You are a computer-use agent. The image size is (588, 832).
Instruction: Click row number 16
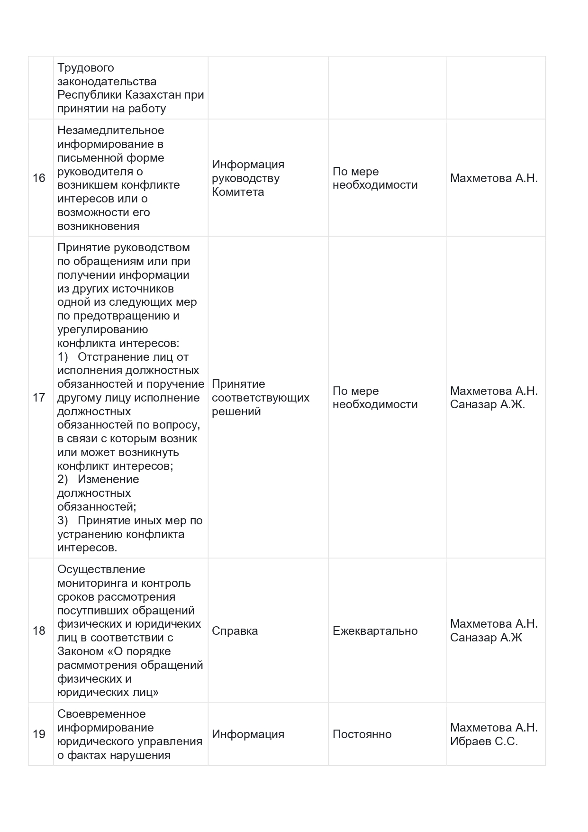tap(39, 178)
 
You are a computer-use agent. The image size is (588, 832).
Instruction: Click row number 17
tap(39, 397)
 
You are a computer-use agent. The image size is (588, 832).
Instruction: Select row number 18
tap(39, 631)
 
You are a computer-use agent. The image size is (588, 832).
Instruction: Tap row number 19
tap(39, 734)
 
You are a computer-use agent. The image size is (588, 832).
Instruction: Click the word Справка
tap(235, 631)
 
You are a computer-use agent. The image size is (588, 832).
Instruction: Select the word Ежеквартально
tap(375, 631)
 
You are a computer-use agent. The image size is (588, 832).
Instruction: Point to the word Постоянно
tap(362, 734)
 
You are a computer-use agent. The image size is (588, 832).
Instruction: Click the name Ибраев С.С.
tap(484, 741)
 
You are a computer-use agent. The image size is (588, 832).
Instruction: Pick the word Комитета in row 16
tap(237, 192)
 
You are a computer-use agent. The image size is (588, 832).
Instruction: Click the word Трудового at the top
tap(85, 68)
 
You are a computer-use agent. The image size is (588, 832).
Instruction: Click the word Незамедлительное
tap(110, 130)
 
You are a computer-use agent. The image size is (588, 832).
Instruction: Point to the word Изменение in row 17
tap(108, 479)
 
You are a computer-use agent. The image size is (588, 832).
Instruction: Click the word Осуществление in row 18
tap(101, 569)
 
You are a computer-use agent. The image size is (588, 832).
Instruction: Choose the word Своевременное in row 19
tap(101, 714)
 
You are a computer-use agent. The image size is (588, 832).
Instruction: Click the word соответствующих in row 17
tap(260, 398)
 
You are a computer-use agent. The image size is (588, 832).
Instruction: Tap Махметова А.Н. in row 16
tap(494, 178)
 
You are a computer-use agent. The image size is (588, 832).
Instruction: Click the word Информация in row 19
tap(248, 734)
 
